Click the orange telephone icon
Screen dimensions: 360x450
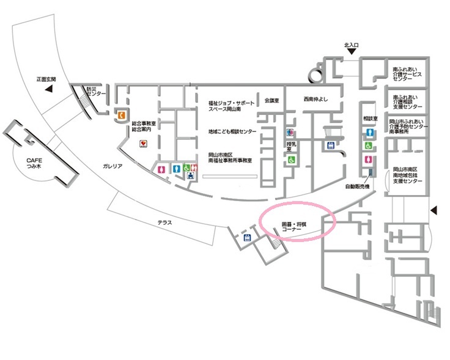[x=122, y=114]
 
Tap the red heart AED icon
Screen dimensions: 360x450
[x=143, y=144]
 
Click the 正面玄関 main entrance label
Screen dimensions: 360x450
[x=46, y=79]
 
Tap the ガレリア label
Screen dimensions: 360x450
[x=112, y=166]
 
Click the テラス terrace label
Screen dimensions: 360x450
[x=164, y=222]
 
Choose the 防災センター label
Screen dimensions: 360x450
[x=97, y=91]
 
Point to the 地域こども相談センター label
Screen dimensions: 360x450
[x=232, y=131]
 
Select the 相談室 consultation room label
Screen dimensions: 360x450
[x=371, y=117]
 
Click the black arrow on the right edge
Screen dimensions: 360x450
[x=435, y=211]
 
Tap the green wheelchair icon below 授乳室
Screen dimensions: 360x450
[x=292, y=160]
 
